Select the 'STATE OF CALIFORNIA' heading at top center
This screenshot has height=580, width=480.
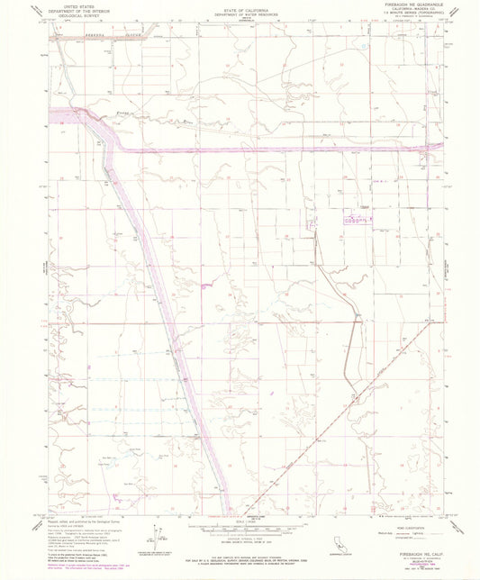pyautogui.click(x=239, y=5)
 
